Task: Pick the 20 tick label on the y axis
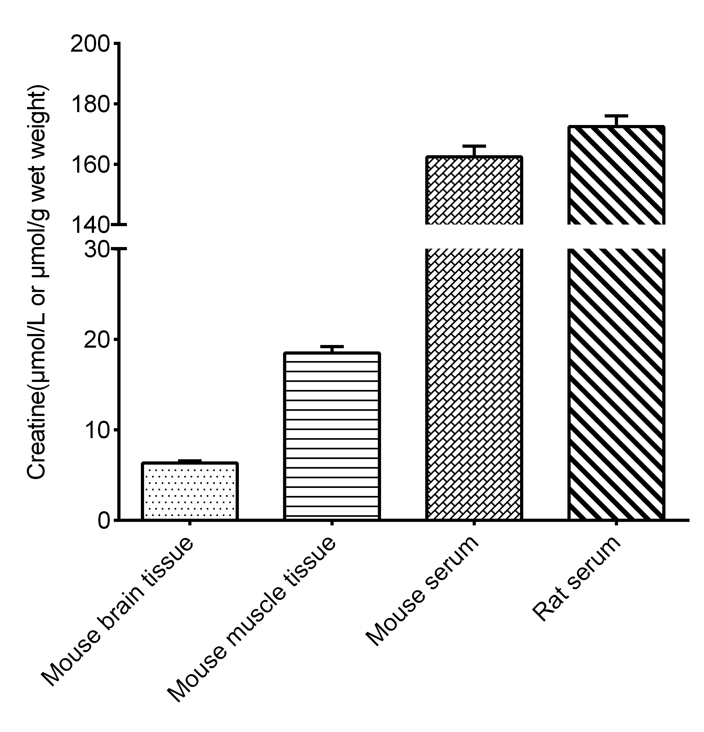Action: (x=96, y=340)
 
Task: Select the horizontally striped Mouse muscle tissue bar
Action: (x=332, y=436)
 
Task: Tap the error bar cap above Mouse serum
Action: (x=474, y=146)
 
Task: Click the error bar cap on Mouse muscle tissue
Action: (x=332, y=347)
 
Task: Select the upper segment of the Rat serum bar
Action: (x=616, y=176)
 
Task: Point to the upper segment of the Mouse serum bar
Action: (x=474, y=191)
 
